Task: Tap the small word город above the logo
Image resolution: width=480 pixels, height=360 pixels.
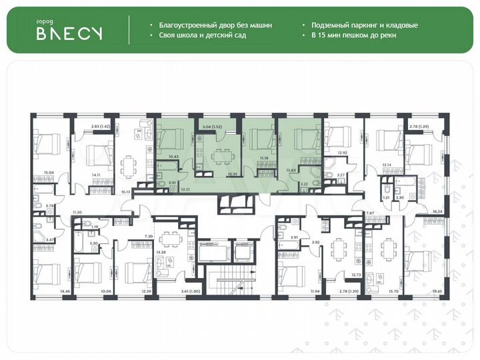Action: coord(45,21)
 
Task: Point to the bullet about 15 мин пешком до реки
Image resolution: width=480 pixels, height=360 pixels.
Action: coord(353,35)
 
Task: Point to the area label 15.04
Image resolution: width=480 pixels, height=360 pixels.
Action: coord(48,171)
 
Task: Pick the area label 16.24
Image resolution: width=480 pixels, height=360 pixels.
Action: coord(437,211)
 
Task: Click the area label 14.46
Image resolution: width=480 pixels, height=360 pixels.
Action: coord(46,291)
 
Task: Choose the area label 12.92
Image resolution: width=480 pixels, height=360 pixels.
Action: coord(343,153)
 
